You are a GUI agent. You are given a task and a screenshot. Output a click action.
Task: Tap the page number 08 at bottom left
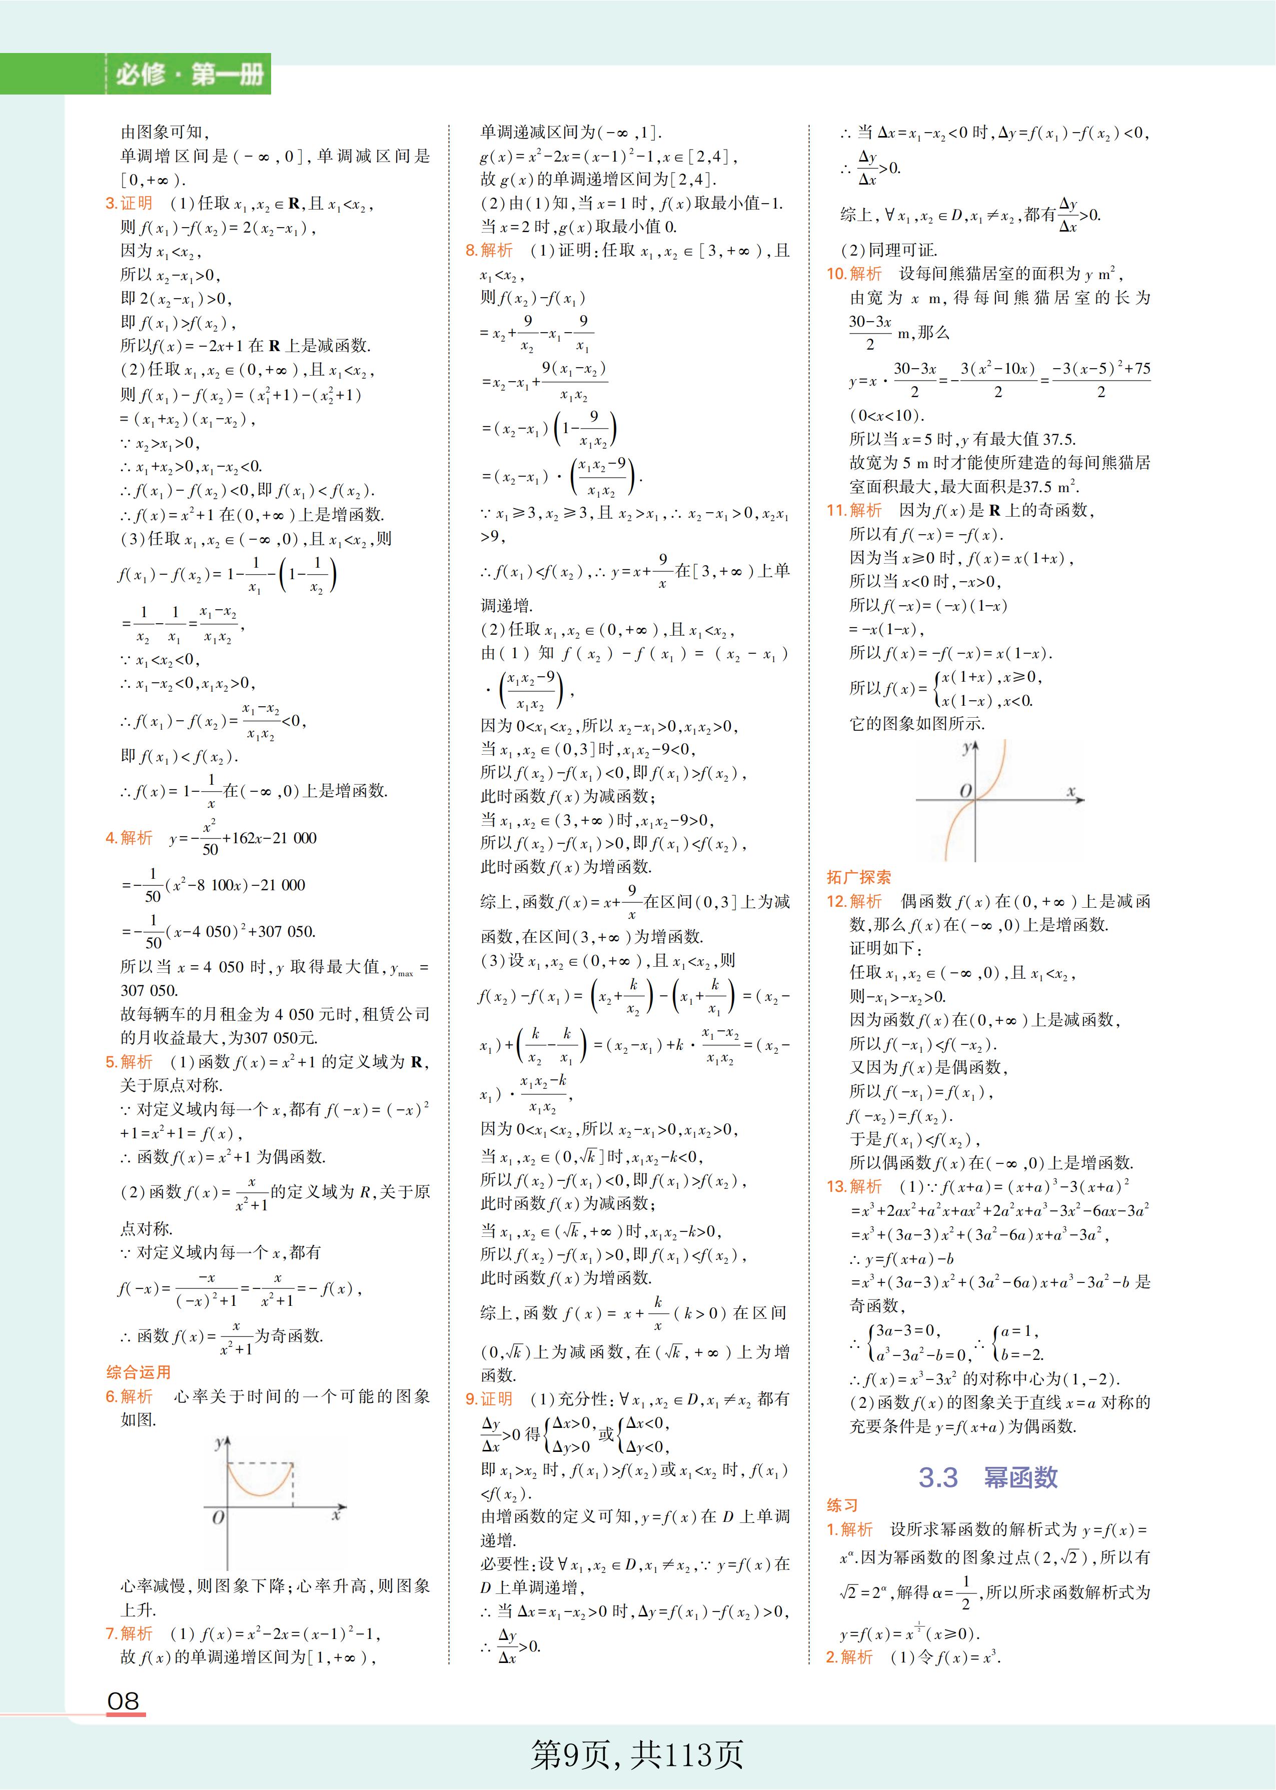point(124,1701)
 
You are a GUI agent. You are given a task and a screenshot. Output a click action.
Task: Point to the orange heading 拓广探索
point(858,877)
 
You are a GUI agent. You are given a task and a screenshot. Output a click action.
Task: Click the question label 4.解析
point(129,838)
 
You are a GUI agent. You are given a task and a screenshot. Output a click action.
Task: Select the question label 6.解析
point(129,1396)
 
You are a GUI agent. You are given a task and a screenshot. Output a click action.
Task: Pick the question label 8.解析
point(489,251)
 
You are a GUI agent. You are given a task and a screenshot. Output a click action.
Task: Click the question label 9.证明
point(489,1399)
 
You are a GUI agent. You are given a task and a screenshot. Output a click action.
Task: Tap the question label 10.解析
point(854,274)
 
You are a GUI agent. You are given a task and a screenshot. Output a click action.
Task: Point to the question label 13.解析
point(854,1186)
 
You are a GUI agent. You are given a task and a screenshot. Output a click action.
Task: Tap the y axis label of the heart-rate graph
point(219,1443)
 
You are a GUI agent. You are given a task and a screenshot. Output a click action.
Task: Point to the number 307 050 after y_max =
point(149,990)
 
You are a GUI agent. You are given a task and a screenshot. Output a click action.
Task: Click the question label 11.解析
point(854,511)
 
